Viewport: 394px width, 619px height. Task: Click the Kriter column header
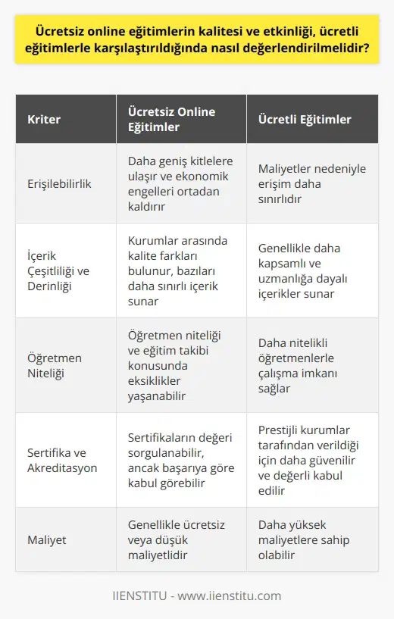(44, 120)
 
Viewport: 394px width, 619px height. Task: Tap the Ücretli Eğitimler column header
(305, 120)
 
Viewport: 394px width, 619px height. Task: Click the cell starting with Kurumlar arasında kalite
(177, 270)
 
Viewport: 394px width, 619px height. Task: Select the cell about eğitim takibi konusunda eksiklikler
(177, 365)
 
